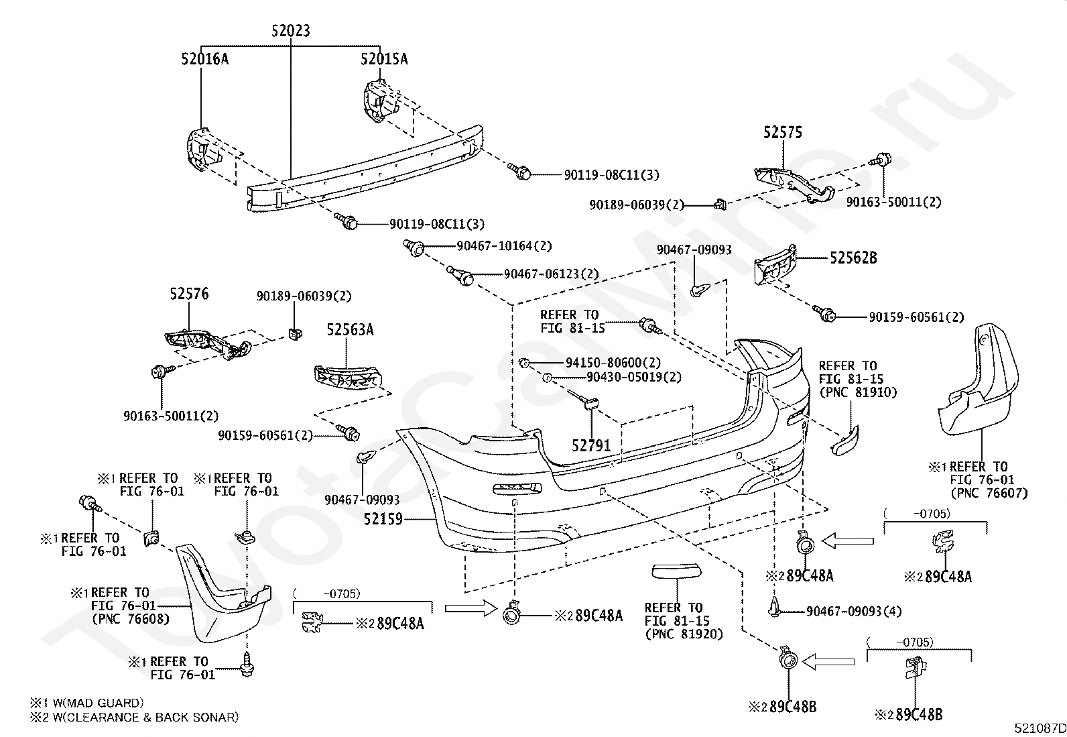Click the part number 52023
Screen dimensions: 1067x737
pos(291,30)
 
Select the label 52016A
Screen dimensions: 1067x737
pos(205,58)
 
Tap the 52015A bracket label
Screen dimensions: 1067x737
pos(384,58)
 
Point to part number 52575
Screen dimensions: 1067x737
pos(783,132)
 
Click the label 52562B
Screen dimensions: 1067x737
pos(853,258)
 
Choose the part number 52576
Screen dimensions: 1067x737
pos(189,294)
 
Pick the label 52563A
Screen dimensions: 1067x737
pos(350,329)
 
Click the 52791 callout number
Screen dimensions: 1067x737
pos(591,446)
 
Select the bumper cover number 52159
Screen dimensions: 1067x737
pos(383,518)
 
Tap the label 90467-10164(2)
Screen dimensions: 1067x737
pos(504,246)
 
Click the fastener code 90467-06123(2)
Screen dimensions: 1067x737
pos(551,274)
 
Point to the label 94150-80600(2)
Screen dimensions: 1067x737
pos(613,363)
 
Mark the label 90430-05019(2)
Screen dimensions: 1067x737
pos(634,377)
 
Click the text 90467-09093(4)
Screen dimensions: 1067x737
pos(854,611)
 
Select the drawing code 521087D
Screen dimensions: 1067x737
pos(1040,728)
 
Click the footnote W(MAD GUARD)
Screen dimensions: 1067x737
pos(98,703)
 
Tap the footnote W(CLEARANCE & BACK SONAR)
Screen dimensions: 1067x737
pos(145,718)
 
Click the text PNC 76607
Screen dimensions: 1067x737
pos(989,493)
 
